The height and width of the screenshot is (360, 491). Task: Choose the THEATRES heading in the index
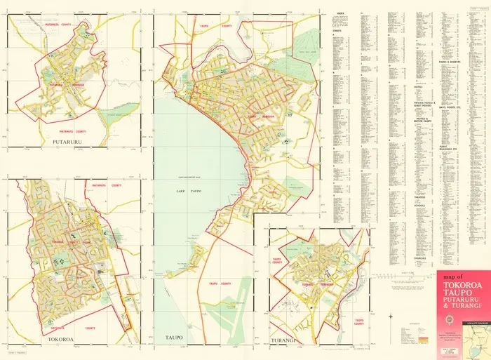point(423,196)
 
